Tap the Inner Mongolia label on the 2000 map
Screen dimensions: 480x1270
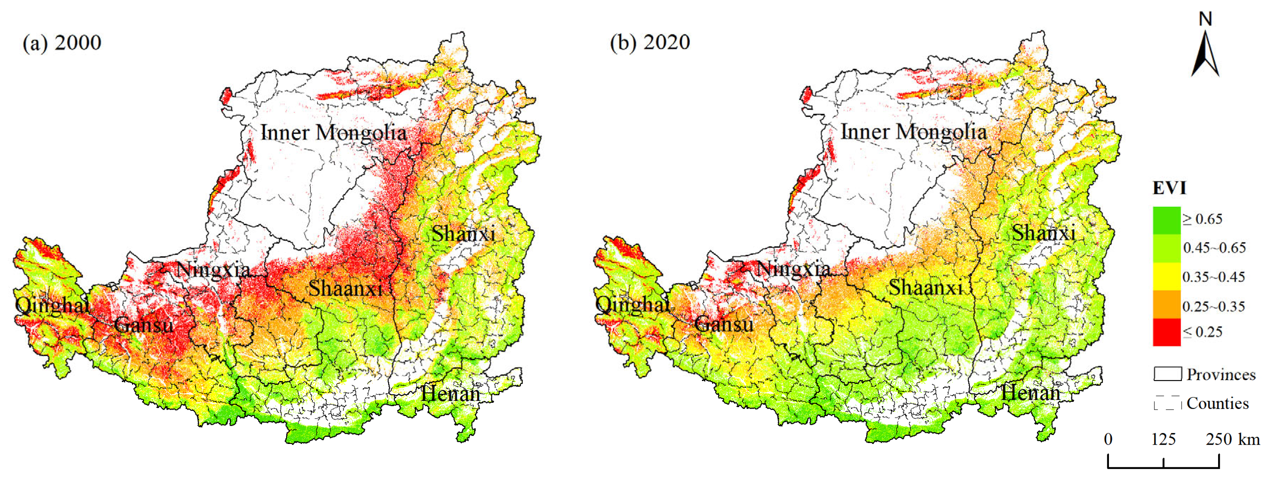tap(333, 133)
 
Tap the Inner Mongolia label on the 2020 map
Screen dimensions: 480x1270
tap(914, 132)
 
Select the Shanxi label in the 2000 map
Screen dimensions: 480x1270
tap(463, 234)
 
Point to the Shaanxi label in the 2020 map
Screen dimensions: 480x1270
tap(925, 288)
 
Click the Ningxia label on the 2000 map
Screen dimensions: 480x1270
tap(213, 270)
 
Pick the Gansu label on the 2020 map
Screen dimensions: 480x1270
tap(724, 324)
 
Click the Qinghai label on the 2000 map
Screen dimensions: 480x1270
tap(52, 305)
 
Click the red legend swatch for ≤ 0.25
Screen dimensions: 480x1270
tap(1167, 332)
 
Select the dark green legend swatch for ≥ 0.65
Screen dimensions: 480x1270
tap(1167, 220)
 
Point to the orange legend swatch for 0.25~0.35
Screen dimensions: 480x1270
tap(1167, 304)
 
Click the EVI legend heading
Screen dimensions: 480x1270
tap(1169, 188)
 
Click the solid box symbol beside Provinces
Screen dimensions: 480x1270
tap(1168, 374)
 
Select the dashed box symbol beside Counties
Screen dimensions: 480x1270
tap(1168, 403)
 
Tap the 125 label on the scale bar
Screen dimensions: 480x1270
tap(1163, 439)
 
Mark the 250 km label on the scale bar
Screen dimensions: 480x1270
tap(1232, 439)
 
